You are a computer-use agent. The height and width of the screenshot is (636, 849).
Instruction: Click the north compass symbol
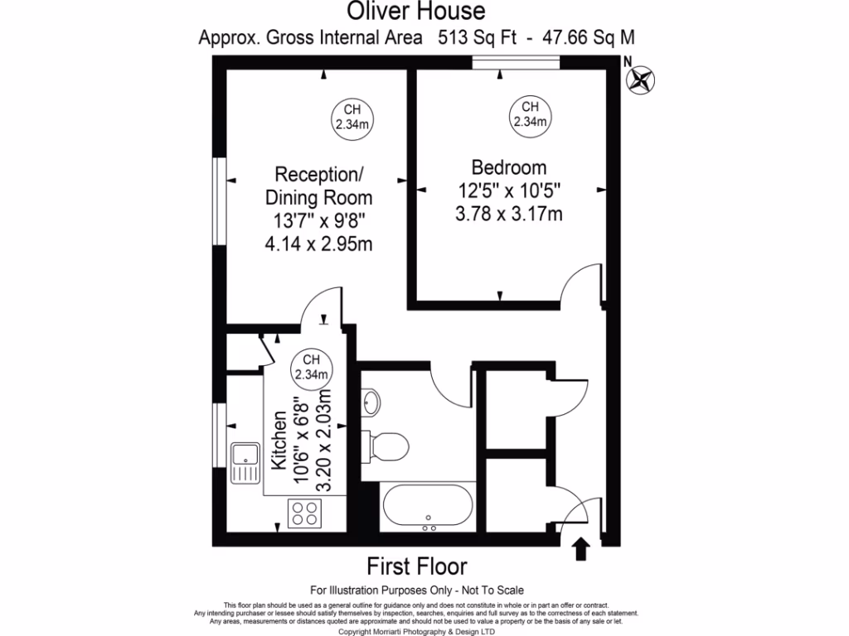[x=640, y=79]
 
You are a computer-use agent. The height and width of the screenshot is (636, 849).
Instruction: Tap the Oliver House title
[x=415, y=12]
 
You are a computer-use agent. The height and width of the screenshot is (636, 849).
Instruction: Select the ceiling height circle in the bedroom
[x=530, y=115]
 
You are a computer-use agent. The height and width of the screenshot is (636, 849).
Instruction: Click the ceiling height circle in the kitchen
[x=311, y=367]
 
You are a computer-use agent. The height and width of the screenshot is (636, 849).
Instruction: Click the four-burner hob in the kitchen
[x=304, y=514]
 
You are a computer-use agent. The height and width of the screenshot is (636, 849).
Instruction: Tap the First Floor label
[x=417, y=566]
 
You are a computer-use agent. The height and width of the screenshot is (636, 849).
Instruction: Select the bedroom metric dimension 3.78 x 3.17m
[x=508, y=214]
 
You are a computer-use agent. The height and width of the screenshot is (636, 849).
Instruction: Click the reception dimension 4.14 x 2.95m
[x=318, y=245]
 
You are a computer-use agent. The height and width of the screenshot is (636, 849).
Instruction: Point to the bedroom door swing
[x=580, y=286]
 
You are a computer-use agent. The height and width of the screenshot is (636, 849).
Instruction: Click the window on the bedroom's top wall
[x=516, y=63]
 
